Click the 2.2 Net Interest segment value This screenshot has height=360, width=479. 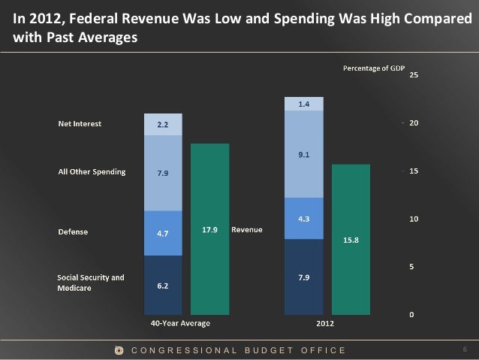click(162, 125)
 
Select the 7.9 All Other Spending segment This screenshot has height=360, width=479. click(162, 173)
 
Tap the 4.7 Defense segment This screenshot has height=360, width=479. click(162, 233)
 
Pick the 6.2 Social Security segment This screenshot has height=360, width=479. click(162, 286)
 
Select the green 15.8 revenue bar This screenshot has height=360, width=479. click(351, 240)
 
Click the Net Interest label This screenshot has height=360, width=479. click(80, 124)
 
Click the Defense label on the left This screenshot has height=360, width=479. click(74, 232)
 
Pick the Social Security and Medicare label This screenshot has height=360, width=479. click(91, 281)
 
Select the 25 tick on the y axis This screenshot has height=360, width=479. click(414, 75)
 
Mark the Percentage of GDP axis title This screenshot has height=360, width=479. click(373, 69)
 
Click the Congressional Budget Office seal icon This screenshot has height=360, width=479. click(119, 350)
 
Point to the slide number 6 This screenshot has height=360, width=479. click(465, 349)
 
